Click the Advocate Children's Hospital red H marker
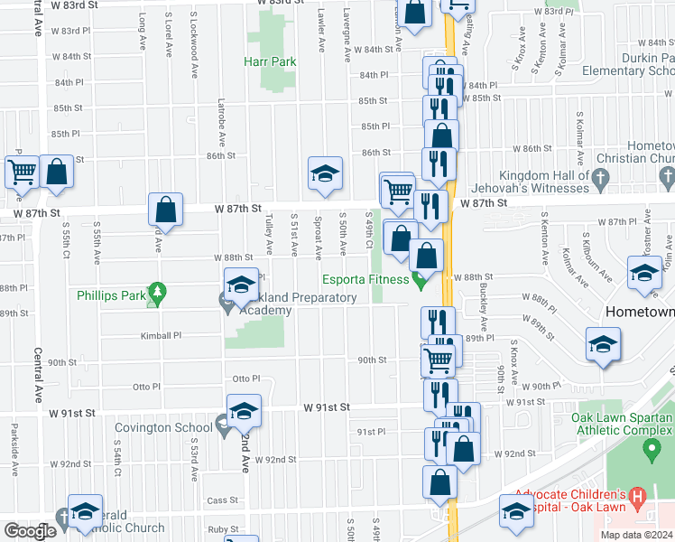[x=639, y=498]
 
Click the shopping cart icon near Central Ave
[x=22, y=171]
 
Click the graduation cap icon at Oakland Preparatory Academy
[x=241, y=285]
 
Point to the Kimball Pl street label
[x=161, y=334]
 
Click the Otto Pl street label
[x=246, y=378]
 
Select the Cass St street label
[x=222, y=500]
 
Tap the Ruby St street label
[x=221, y=529]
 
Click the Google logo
[x=30, y=531]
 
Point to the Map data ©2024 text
[x=635, y=535]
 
